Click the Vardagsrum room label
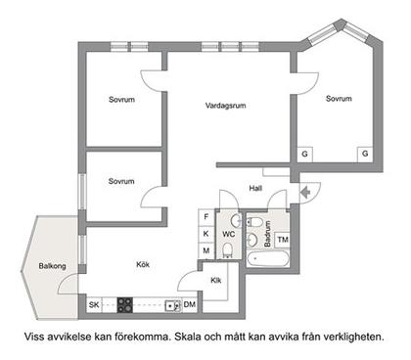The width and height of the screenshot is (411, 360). (223, 105)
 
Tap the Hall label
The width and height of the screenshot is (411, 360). (256, 188)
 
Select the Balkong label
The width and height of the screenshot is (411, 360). (53, 264)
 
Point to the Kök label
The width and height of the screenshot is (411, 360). (143, 264)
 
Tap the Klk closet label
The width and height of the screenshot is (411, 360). (216, 281)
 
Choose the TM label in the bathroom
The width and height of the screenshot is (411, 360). (283, 240)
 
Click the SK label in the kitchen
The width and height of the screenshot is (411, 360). (94, 306)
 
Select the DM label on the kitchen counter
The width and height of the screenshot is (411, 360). (189, 306)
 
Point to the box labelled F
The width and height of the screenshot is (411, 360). (206, 216)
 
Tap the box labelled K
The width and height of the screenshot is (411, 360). (206, 234)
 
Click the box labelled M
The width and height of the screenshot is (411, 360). (206, 251)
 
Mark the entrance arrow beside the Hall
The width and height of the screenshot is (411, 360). (307, 192)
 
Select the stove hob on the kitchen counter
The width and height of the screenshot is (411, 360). (125, 305)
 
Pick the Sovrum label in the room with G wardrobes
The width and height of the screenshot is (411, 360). (339, 98)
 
